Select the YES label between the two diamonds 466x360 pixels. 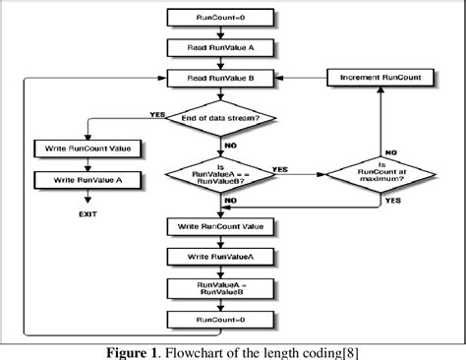point(278,166)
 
